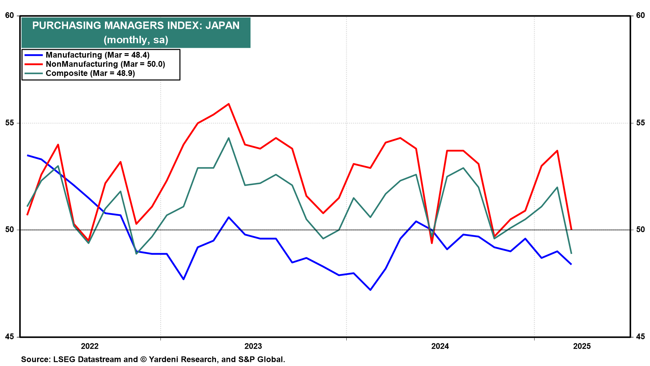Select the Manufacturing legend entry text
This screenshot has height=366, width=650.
(x=97, y=55)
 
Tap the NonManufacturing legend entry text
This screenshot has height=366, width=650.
(x=105, y=64)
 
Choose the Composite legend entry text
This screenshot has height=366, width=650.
(x=90, y=73)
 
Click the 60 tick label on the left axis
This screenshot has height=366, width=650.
(x=10, y=16)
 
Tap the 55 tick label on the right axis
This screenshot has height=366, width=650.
(x=640, y=123)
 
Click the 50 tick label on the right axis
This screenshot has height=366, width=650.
(x=640, y=229)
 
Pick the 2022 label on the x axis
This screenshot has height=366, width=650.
(x=90, y=346)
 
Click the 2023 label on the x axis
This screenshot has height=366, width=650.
(x=253, y=346)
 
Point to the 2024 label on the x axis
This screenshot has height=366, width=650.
(x=440, y=346)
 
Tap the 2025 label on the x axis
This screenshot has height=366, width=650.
(x=582, y=346)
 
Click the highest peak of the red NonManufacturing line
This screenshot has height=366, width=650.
(x=229, y=104)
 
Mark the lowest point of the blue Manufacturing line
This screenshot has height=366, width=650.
(x=370, y=290)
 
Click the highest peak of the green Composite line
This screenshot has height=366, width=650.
(x=229, y=138)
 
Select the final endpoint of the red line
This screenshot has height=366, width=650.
(x=571, y=230)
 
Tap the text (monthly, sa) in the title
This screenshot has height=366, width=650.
(x=136, y=40)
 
